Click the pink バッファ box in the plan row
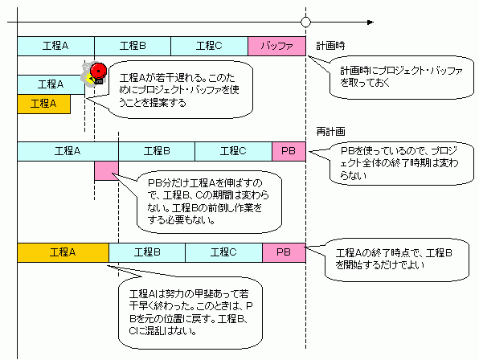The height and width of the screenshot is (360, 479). click(276, 46)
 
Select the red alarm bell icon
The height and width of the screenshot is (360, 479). click(97, 73)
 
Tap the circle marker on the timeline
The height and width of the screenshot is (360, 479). click(305, 22)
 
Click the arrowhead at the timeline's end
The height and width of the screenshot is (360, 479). click(371, 22)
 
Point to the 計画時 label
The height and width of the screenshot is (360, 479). click(330, 46)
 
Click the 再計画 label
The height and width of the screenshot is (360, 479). click(330, 132)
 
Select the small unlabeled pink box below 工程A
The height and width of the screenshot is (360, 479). click(106, 170)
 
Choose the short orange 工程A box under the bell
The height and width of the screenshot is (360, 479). click(43, 104)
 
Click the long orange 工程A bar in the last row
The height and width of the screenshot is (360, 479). click(63, 252)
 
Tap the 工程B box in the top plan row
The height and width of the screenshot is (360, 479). click(133, 46)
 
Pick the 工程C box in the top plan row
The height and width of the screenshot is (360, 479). click(209, 46)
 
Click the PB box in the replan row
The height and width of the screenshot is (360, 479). click(289, 151)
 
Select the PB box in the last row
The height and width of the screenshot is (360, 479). click(284, 252)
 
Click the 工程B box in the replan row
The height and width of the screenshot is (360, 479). click(157, 151)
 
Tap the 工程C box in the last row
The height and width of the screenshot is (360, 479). click(223, 252)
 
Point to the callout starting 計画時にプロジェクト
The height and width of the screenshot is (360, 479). click(401, 77)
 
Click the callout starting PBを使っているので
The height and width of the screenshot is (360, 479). click(401, 163)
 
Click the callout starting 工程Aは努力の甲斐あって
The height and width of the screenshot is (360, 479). click(190, 312)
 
